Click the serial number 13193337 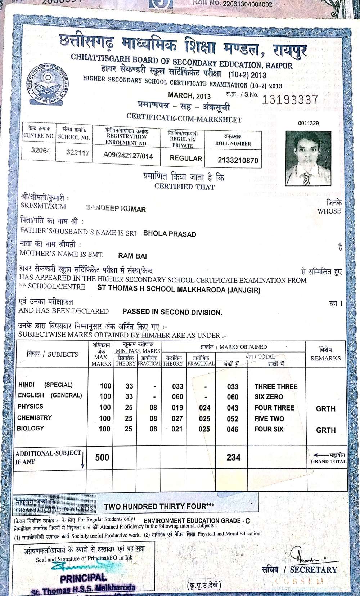[x=290, y=100]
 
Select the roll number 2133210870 [x=238, y=161]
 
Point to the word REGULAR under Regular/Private [x=186, y=158]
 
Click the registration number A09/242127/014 [x=128, y=156]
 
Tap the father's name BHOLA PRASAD [x=170, y=234]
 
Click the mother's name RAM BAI [x=132, y=256]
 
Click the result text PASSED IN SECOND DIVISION [x=172, y=312]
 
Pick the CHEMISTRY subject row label [x=35, y=417]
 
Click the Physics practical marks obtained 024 [x=204, y=408]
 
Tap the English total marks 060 [x=233, y=397]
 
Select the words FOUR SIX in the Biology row [x=269, y=429]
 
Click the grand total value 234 [x=233, y=457]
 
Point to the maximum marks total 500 [x=102, y=457]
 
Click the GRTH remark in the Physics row [x=325, y=409]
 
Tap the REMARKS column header [x=325, y=358]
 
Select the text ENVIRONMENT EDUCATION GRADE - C [x=197, y=521]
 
